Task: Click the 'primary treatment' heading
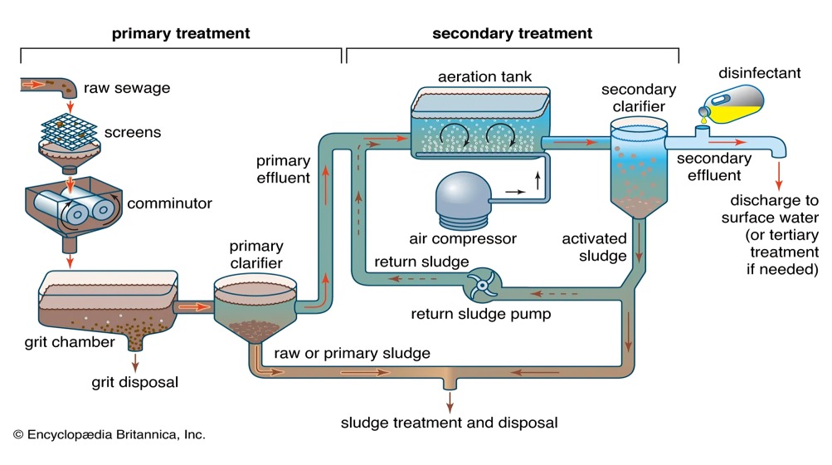(180, 34)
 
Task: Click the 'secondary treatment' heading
(513, 34)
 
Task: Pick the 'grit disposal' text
(134, 383)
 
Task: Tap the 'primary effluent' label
(283, 168)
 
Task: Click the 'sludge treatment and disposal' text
(449, 423)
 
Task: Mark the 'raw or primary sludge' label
(353, 353)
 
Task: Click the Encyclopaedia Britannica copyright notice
(109, 434)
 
